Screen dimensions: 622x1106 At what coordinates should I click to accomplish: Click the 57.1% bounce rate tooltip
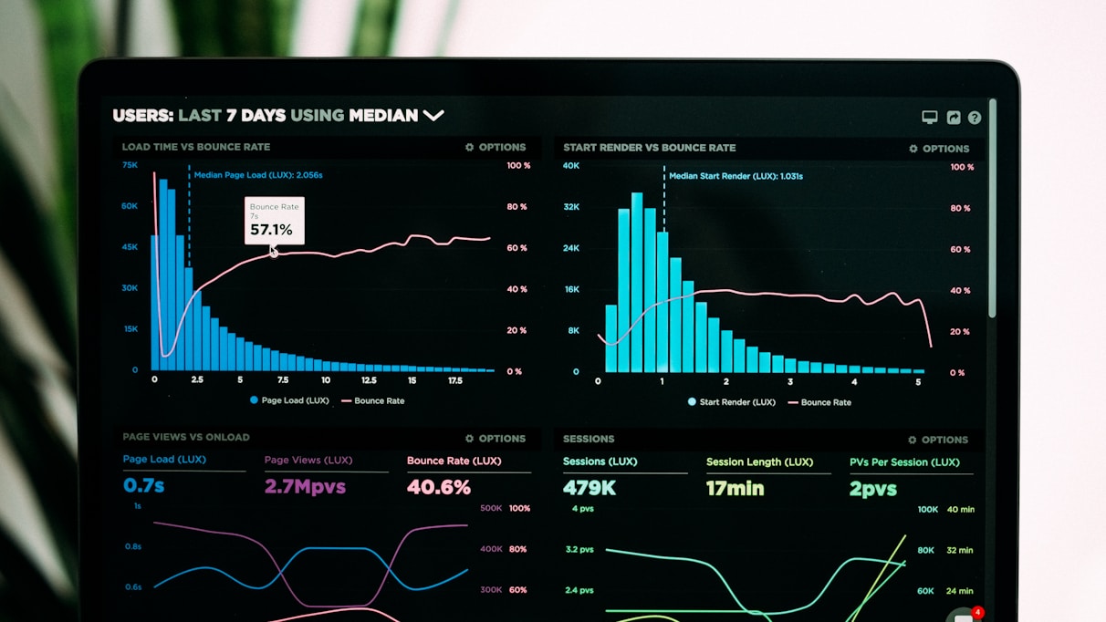[274, 221]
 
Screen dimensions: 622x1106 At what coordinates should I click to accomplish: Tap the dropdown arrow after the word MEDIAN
[433, 116]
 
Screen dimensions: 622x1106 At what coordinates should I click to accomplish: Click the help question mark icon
[975, 118]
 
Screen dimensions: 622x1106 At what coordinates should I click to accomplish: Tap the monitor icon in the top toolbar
[929, 117]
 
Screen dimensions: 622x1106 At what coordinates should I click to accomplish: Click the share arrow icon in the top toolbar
[953, 118]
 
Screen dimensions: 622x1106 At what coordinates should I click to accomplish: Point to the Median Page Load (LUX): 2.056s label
[257, 175]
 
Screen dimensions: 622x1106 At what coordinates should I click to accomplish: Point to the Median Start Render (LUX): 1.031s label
[736, 176]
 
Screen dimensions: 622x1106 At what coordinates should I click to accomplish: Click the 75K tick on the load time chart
[130, 165]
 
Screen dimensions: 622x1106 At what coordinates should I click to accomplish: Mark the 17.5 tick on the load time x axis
[454, 380]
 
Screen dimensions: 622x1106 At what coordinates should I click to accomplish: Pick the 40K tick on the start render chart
[571, 166]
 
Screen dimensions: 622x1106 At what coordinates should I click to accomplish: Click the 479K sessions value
[590, 488]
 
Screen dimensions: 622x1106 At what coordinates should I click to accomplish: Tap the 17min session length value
[735, 488]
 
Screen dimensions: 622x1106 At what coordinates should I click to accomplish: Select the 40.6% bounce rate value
[439, 487]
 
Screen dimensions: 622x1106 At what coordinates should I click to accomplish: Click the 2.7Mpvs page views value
[305, 486]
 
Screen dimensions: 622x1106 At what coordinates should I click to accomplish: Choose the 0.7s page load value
[144, 485]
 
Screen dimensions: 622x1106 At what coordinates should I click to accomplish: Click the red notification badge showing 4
[977, 612]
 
